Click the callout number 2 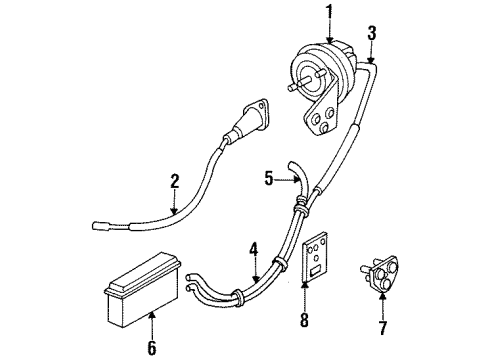point(174,181)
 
